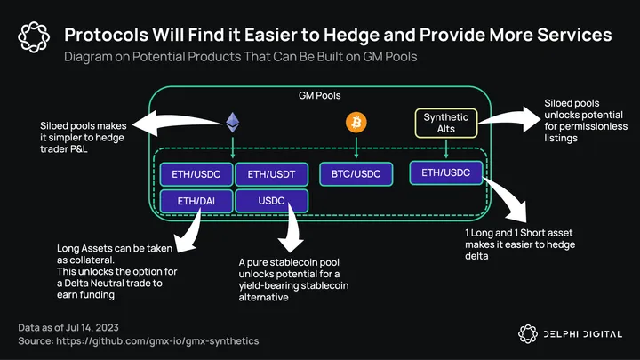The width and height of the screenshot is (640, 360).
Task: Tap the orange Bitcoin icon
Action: (356, 122)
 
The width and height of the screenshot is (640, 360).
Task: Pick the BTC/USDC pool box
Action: (356, 173)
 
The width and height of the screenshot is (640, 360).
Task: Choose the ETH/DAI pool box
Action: (196, 201)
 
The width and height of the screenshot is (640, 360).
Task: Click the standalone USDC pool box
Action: (272, 201)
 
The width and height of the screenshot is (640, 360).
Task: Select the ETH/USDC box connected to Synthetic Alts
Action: (446, 172)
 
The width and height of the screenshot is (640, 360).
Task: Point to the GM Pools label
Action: (320, 94)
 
